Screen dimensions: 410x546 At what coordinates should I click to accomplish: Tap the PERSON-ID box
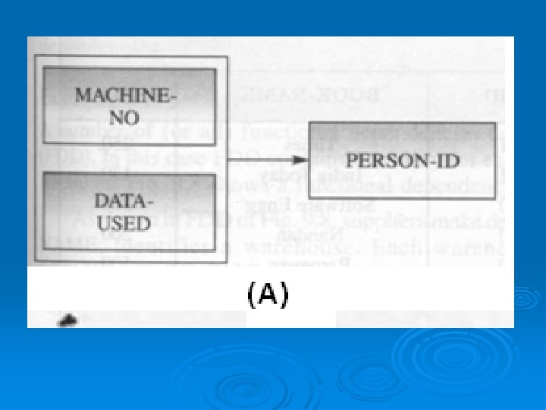click(402, 160)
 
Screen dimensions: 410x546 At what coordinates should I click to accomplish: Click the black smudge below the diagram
click(70, 320)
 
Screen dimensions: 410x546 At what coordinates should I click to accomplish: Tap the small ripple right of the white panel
click(524, 298)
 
